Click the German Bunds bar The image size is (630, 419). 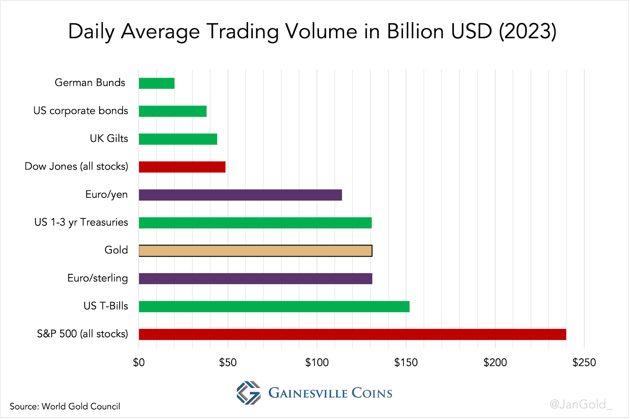[157, 83]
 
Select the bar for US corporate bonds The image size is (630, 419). [172, 111]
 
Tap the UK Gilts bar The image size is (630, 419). [178, 139]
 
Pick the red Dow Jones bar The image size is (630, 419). [182, 167]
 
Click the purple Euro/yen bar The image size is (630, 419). [240, 195]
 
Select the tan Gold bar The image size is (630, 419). [255, 251]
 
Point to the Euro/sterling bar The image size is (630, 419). [255, 279]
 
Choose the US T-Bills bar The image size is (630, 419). [274, 306]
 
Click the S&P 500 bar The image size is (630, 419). [352, 334]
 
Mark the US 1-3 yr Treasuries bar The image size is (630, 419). [255, 223]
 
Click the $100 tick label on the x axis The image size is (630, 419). [317, 363]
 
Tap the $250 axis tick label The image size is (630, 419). [584, 363]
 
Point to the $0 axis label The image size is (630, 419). [139, 363]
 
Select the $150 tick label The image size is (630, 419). [406, 363]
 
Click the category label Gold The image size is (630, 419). [116, 250]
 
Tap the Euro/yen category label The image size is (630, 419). [106, 194]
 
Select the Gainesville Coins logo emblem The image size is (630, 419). [248, 393]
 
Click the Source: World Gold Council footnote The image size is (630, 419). [65, 406]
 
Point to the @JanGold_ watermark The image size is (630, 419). [581, 404]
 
